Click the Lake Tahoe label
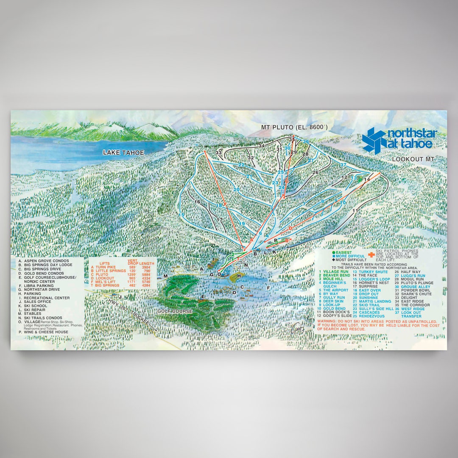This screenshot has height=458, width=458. click(x=123, y=153)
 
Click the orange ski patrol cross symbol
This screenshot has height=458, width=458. click(x=371, y=254)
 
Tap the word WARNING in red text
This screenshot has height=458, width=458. click(x=327, y=321)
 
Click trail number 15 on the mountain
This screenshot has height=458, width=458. click(x=182, y=215)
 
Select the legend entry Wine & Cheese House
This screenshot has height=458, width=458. click(x=44, y=332)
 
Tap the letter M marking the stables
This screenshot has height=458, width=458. click(x=166, y=276)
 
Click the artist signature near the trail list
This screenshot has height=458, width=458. click(x=300, y=327)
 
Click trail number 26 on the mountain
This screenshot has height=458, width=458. click(x=315, y=173)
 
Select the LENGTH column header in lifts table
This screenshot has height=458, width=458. click(x=147, y=263)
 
